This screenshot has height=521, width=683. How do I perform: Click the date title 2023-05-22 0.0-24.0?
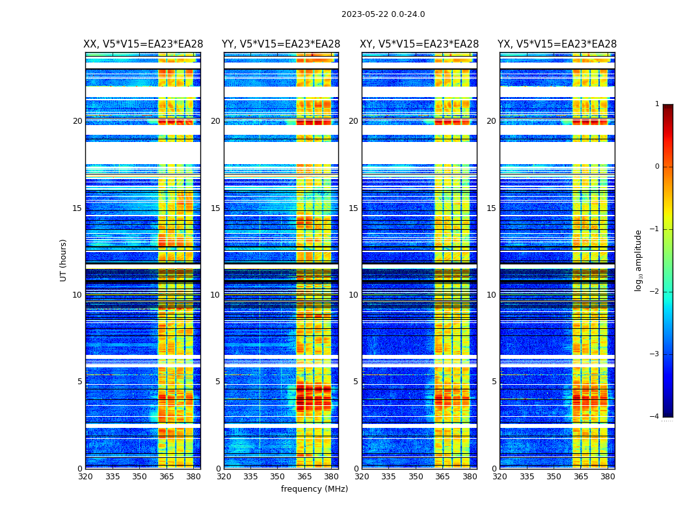[x=383, y=14]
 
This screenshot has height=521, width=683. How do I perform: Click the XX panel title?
[x=143, y=44]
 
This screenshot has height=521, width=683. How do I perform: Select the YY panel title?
[x=281, y=44]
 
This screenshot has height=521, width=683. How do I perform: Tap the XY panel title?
[x=420, y=44]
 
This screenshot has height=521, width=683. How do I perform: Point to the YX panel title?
[x=557, y=44]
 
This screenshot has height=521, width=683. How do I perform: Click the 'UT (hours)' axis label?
[x=64, y=260]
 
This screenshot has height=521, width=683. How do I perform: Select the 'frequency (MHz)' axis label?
[x=314, y=489]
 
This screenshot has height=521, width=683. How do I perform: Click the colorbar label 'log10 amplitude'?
[x=639, y=260]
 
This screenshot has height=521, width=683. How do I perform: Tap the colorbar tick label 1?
[x=656, y=104]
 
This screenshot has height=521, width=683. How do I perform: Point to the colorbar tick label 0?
[x=656, y=167]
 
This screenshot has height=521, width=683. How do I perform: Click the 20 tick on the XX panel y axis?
[x=77, y=121]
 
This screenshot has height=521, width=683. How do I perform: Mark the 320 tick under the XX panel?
[x=85, y=476]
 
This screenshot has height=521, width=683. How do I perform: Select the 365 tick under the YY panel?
[x=305, y=476]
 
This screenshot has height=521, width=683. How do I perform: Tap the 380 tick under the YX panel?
[x=608, y=476]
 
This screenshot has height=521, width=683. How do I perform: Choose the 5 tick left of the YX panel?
[x=494, y=382]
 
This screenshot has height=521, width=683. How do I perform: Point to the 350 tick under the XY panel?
[x=416, y=476]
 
